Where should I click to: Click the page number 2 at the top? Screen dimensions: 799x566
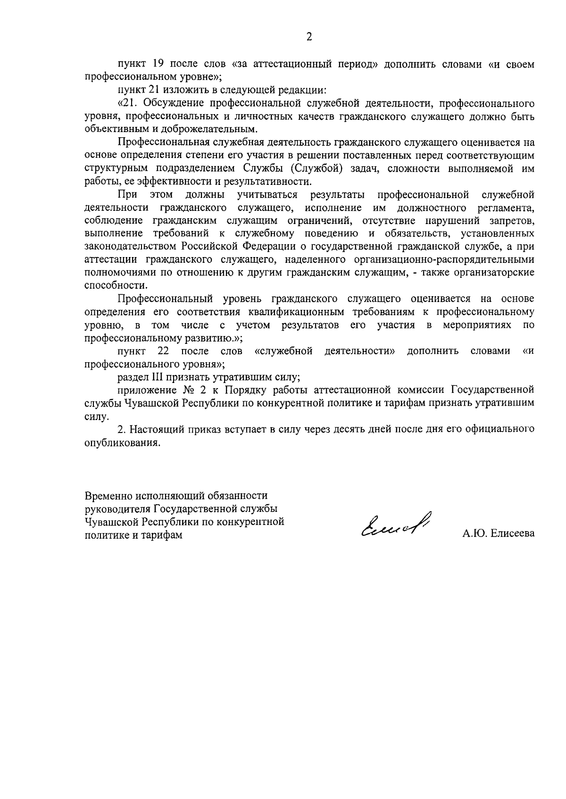(x=309, y=37)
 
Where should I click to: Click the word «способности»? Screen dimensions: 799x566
(x=115, y=285)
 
